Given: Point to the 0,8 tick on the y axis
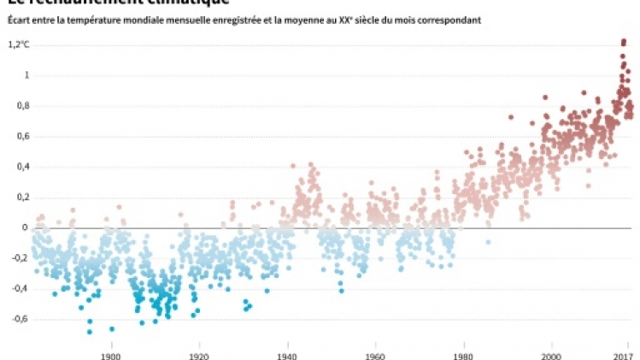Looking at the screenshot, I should [x=15, y=105].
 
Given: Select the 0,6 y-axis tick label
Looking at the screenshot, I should [x=15, y=136].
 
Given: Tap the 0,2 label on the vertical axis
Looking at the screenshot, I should [x=15, y=197].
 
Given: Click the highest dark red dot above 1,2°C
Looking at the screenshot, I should [x=624, y=40].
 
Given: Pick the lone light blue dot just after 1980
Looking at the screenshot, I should [x=489, y=243].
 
